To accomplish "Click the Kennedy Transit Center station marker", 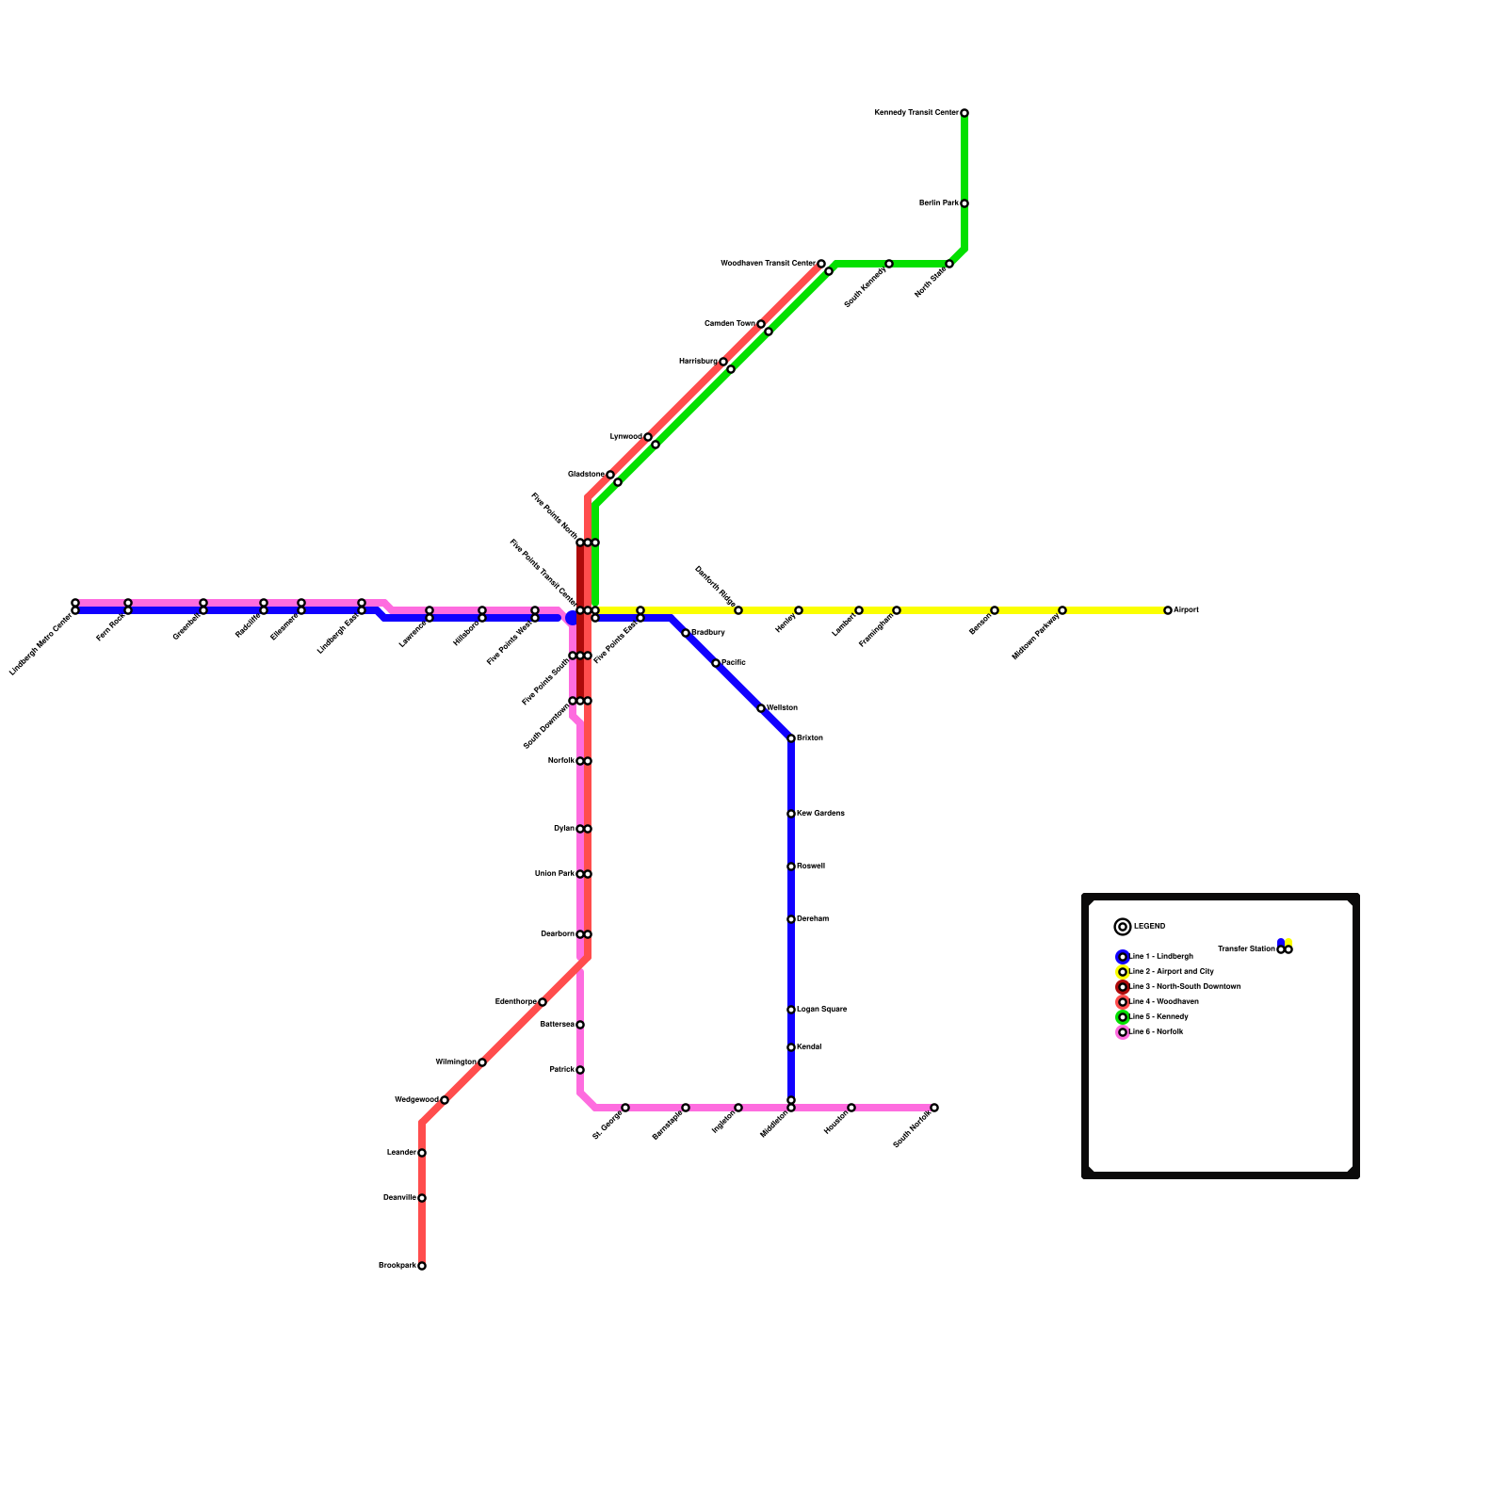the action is coord(964,113).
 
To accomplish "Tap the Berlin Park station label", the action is coord(938,203).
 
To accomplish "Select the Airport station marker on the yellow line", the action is coord(1168,610).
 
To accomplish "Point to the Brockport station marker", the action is coord(422,1266).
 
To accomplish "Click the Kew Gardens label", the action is coord(820,814).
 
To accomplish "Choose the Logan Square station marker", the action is coord(791,1010).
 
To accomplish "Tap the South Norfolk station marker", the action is coord(934,1108).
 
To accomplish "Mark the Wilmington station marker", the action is coord(482,1062).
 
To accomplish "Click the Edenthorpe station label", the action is coord(515,1002).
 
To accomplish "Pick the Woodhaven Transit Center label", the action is coord(768,264).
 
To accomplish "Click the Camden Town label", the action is coord(730,324).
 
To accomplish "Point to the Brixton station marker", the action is coord(791,738).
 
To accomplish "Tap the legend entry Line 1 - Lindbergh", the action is coord(1161,957).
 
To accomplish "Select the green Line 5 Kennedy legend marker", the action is coord(1123,1017).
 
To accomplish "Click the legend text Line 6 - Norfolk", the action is coord(1156,1032).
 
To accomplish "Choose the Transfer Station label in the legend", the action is coord(1246,949).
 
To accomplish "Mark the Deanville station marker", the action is coord(422,1198).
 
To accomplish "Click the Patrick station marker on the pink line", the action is coord(580,1070).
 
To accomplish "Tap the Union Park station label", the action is coord(554,874).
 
